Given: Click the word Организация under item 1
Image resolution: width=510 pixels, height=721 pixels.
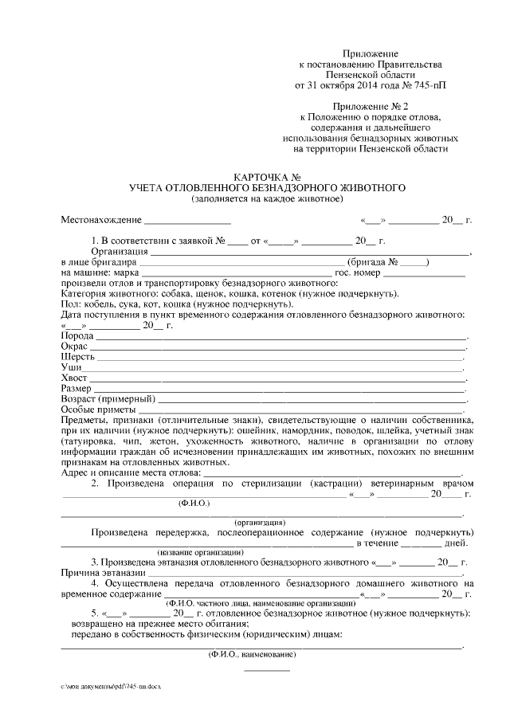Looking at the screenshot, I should (x=125, y=250).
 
